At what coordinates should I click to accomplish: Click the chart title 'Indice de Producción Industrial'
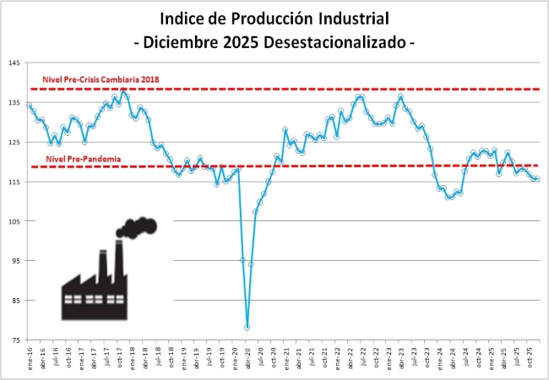coord(274,19)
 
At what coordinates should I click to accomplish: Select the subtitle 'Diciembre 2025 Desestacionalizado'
coord(274,41)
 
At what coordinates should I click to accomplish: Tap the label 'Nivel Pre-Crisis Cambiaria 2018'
coord(101,79)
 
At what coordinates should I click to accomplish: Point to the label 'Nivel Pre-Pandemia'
coord(82,158)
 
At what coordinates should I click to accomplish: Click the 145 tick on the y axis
coord(14,62)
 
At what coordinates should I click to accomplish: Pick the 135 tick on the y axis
coord(14,102)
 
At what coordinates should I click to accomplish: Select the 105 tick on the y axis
coord(14,221)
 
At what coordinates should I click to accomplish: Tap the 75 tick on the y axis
coord(14,340)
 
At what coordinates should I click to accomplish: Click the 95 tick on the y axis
coord(14,261)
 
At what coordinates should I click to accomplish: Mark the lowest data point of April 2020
coord(247,328)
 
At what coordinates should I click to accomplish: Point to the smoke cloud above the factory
coord(138,226)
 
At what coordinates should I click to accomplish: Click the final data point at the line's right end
coord(538,178)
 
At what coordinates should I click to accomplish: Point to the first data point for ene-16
coord(29,106)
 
